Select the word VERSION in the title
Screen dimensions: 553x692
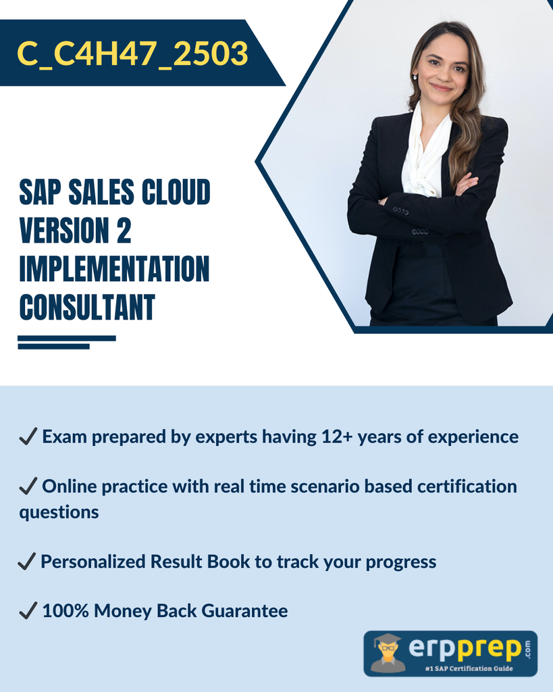[64, 230]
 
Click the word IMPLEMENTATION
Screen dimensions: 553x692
[114, 268]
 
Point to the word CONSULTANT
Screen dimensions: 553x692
[87, 307]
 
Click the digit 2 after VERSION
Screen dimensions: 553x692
[124, 230]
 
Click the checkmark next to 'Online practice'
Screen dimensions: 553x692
[28, 486]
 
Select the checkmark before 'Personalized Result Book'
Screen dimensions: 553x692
[26, 562]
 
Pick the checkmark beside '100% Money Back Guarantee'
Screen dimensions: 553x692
[28, 611]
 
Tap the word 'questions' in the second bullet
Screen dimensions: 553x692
[59, 513]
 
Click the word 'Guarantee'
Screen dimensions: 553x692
[244, 611]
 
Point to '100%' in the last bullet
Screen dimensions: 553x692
[65, 611]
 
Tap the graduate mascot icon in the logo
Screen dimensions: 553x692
[388, 653]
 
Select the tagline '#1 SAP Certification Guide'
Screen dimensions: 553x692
[469, 668]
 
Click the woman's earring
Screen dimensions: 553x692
[415, 77]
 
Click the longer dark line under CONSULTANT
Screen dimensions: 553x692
[67, 339]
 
